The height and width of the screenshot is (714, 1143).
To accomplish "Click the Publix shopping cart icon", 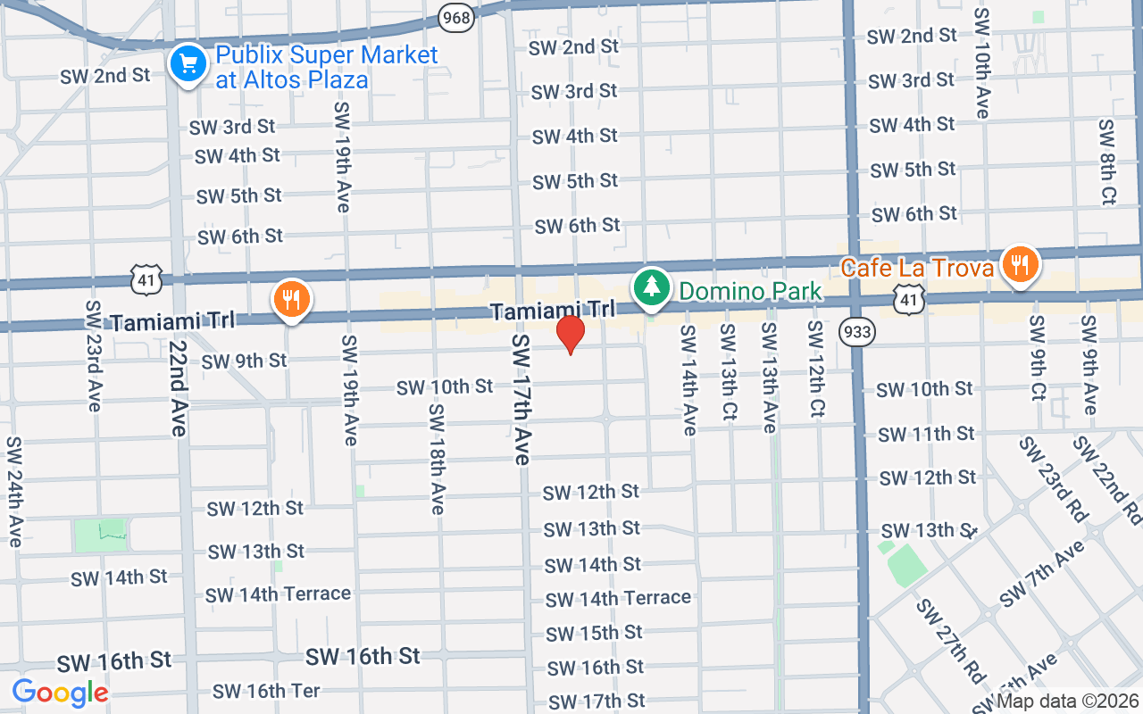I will [x=188, y=65].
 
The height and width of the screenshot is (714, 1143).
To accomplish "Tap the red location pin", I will [x=570, y=335].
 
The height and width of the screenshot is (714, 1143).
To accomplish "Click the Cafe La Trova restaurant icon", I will [x=1020, y=265].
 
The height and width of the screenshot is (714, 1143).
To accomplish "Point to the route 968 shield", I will [x=456, y=16].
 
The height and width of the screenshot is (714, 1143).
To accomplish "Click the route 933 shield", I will [x=856, y=332].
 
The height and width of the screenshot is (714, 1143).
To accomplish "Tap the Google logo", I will [x=60, y=692].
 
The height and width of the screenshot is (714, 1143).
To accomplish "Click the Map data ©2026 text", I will [x=1068, y=701].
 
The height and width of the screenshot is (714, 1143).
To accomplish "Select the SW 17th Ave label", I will [x=522, y=399].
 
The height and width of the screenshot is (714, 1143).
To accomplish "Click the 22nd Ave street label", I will [x=177, y=388].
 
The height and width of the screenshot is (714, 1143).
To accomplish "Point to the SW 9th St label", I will [x=244, y=361].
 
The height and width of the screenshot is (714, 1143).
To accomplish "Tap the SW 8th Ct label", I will [x=1107, y=162].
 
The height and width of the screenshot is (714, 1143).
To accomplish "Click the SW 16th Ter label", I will [x=266, y=691].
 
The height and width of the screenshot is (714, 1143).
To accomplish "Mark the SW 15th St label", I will [x=594, y=633].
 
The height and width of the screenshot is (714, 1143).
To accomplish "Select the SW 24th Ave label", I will [x=14, y=491].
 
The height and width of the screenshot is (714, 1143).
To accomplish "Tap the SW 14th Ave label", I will [x=688, y=380].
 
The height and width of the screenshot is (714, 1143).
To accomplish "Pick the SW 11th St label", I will [x=926, y=434].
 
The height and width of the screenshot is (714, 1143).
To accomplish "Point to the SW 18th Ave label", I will [x=437, y=459].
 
